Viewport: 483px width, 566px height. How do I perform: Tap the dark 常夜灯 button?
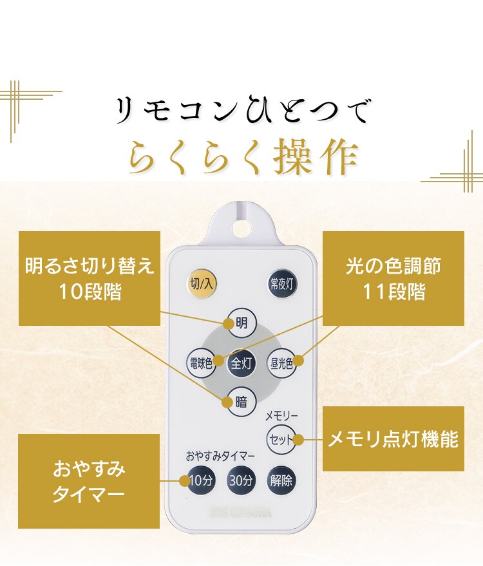pos(281,284)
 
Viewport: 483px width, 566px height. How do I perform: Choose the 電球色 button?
pos(200,363)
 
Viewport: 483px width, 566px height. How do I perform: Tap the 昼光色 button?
pos(281,363)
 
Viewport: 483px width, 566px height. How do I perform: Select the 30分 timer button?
pos(241,480)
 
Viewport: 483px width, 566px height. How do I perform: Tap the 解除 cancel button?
pos(281,480)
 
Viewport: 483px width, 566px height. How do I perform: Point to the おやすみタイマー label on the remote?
pos(220,456)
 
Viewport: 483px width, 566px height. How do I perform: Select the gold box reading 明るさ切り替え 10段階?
pos(89,278)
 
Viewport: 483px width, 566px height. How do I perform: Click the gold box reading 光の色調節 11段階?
pos(393,278)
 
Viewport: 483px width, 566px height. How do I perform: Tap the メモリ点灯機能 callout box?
pos(393,439)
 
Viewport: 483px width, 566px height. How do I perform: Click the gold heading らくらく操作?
pos(242,156)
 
